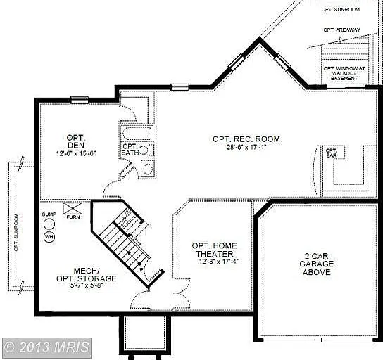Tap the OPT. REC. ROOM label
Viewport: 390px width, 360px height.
click(x=246, y=139)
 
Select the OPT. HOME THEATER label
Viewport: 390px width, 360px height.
click(x=214, y=250)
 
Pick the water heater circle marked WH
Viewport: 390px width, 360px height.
click(x=49, y=237)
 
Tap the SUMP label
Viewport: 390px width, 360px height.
click(x=48, y=214)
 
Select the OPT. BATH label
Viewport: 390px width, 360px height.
click(x=130, y=150)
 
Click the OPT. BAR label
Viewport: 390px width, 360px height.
click(x=330, y=153)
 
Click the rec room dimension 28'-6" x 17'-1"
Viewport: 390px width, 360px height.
click(x=246, y=149)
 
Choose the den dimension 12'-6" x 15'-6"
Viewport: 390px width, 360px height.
click(x=75, y=153)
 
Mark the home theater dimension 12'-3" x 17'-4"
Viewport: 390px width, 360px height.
click(x=214, y=262)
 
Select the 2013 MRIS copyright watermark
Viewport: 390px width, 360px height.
click(x=46, y=347)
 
